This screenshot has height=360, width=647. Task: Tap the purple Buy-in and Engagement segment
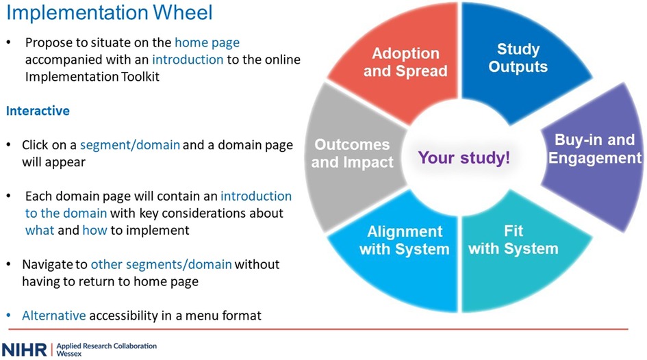pyautogui.click(x=594, y=157)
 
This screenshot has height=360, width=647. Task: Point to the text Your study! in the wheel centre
pyautogui.click(x=464, y=157)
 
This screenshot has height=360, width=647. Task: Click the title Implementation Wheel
pyautogui.click(x=110, y=12)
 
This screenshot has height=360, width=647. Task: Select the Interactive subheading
pyautogui.click(x=38, y=110)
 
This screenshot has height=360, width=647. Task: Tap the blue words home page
pyautogui.click(x=207, y=42)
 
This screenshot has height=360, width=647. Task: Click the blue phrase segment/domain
pyautogui.click(x=129, y=145)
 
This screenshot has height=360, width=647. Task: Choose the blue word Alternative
pyautogui.click(x=53, y=316)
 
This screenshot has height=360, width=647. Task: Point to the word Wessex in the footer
pyautogui.click(x=69, y=354)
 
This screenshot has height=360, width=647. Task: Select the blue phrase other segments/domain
pyautogui.click(x=161, y=264)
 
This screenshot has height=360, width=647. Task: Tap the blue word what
pyautogui.click(x=40, y=230)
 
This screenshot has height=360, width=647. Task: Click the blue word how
pyautogui.click(x=94, y=230)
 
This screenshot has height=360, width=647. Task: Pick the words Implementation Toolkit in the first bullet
pyautogui.click(x=92, y=77)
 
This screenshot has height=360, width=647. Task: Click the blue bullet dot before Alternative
pyautogui.click(x=9, y=316)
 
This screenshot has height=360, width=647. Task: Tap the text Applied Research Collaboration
pyautogui.click(x=106, y=346)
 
